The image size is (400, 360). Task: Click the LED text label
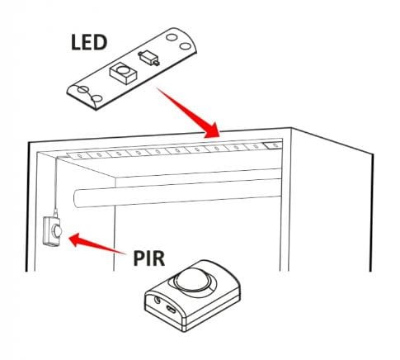click(x=89, y=42)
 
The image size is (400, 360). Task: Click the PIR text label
click(x=149, y=258)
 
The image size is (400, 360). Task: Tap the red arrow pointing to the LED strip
click(x=189, y=113)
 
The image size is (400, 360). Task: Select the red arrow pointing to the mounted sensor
click(x=96, y=244)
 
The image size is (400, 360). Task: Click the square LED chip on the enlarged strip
click(x=123, y=73)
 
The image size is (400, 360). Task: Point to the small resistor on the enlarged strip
click(x=148, y=58)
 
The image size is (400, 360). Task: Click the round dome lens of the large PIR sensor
click(x=193, y=279)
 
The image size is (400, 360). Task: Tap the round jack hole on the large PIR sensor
click(x=158, y=300)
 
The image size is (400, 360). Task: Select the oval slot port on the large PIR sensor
click(x=172, y=309)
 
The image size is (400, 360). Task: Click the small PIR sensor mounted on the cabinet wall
click(x=52, y=231)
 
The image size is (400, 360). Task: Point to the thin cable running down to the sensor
click(x=56, y=184)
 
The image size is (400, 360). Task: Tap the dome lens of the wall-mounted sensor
click(x=57, y=231)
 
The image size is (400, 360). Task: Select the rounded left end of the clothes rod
click(x=77, y=198)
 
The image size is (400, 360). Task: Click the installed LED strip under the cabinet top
click(x=175, y=151)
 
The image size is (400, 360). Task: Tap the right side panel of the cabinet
click(x=332, y=201)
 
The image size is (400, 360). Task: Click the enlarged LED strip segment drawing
click(x=132, y=69)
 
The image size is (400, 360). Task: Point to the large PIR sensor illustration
click(x=192, y=296)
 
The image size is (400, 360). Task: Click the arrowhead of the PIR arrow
click(x=76, y=239)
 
